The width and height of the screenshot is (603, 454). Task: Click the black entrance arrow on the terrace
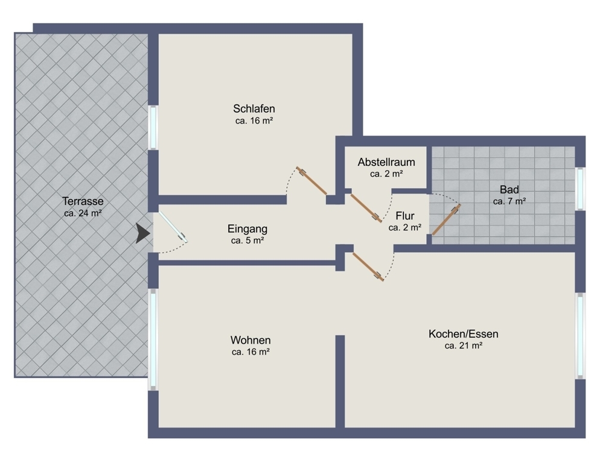point(142,233)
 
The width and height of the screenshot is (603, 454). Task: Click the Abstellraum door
point(365,206)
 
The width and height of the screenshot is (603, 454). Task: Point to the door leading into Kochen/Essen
point(368,266)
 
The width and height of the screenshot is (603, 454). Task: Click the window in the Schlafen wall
point(153,127)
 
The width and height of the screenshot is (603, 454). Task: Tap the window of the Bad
point(580,189)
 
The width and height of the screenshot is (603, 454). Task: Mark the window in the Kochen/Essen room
point(580,335)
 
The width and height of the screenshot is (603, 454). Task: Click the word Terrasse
point(83,201)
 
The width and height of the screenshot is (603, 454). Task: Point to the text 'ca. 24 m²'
point(83,213)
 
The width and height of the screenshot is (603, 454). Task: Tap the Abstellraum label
point(386,162)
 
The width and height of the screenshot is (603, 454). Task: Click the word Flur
point(404,216)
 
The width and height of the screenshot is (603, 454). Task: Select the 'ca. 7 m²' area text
point(509,201)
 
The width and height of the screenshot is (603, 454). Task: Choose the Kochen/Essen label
point(463,334)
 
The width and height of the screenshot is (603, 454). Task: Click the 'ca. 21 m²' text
point(463,345)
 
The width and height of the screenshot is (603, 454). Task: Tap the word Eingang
point(247,229)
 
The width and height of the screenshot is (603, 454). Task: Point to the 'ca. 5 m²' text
point(247,241)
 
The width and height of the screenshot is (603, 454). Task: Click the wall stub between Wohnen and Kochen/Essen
point(340,380)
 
